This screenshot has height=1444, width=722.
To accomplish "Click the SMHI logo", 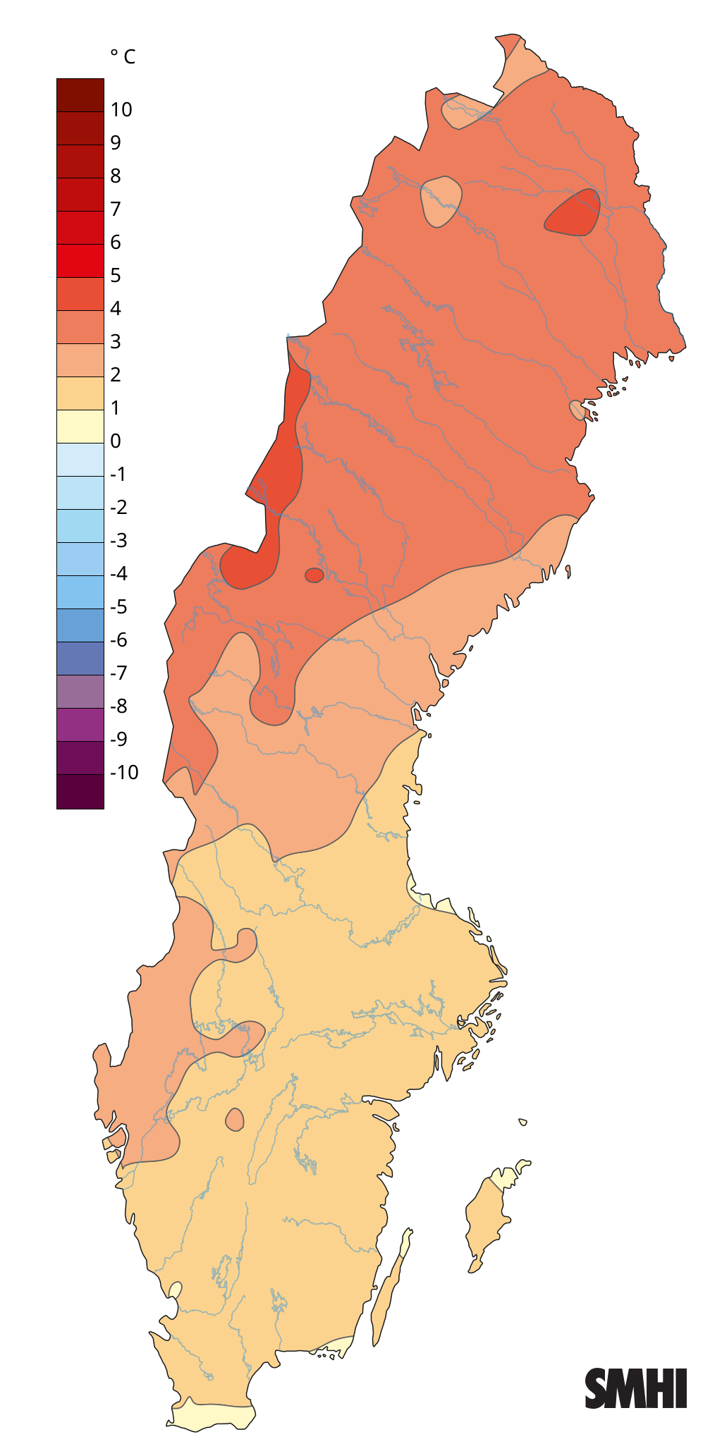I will [635, 1388].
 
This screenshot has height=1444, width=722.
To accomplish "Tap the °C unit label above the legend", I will [123, 56].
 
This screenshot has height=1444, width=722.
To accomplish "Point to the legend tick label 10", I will [121, 109].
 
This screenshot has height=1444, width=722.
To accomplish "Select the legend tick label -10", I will [124, 772].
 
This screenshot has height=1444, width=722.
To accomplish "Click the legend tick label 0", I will [116, 441].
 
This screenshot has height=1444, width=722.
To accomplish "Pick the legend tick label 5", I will [116, 275].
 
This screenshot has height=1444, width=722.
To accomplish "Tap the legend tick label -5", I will [118, 606].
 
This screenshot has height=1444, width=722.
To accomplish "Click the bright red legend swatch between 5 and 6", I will [80, 261].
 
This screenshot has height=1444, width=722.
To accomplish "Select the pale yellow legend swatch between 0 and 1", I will [80, 427].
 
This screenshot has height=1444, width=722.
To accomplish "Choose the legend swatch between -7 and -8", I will [80, 691].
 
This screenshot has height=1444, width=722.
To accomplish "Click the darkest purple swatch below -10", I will [80, 791].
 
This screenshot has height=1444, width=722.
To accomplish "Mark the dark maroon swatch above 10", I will [80, 94].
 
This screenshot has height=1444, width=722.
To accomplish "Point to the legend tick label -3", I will [118, 540].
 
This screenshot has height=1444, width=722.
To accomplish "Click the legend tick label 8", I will [116, 176].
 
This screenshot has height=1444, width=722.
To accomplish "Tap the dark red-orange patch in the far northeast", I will [573, 214].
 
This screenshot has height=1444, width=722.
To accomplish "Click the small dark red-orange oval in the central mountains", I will [314, 575].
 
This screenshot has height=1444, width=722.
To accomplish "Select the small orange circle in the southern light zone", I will [235, 1119].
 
